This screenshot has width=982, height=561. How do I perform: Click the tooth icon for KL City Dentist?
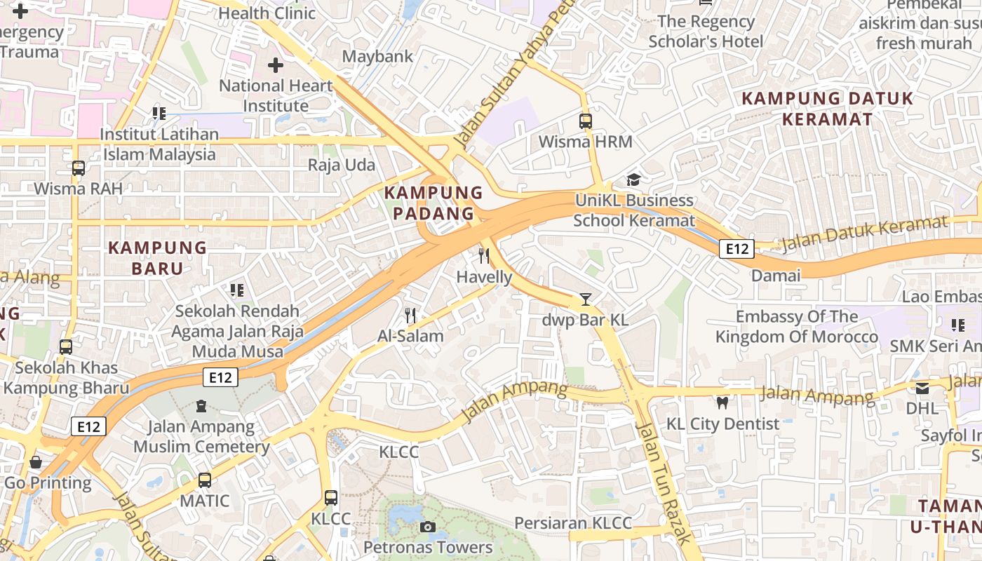tap(722, 403)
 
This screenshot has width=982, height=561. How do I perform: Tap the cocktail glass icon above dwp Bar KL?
tap(585, 299)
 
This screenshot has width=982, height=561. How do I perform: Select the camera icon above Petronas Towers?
tap(428, 527)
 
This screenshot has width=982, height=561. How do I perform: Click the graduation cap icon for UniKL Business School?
tap(634, 180)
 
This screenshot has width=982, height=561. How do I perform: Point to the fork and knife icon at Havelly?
tap(483, 255)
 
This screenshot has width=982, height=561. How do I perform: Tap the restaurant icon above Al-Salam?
tap(410, 316)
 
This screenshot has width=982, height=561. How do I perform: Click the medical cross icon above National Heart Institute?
tap(276, 65)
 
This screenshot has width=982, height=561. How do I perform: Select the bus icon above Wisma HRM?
tap(586, 121)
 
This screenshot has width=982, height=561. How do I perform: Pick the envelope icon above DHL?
tap(922, 388)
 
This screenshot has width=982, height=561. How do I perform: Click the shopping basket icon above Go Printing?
tap(35, 462)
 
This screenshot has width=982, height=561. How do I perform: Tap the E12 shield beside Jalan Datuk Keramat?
tap(736, 248)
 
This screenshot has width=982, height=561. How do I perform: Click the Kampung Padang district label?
tap(433, 203)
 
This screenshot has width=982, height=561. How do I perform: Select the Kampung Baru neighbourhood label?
tap(158, 258)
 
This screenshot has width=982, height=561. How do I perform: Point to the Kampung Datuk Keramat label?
tap(828, 109)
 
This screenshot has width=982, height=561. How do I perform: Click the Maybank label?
tap(377, 56)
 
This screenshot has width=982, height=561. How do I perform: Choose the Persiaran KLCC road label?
tap(573, 523)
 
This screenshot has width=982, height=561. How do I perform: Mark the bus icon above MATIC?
tap(205, 480)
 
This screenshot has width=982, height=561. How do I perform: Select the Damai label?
tap(776, 276)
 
